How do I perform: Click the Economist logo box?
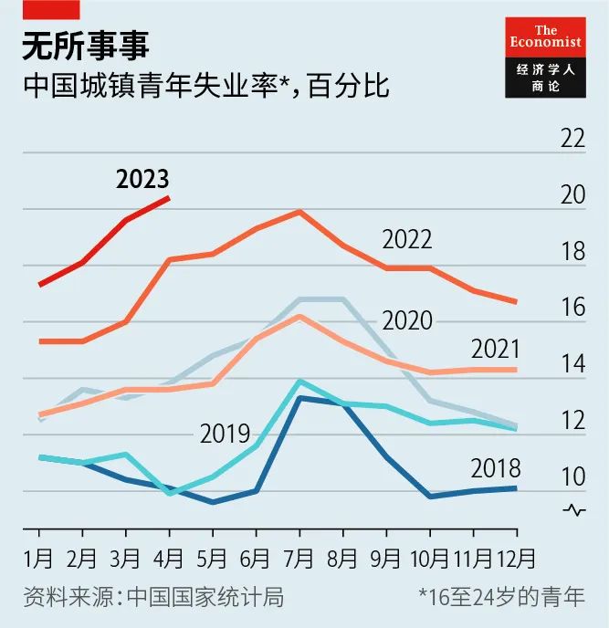pyautogui.click(x=545, y=58)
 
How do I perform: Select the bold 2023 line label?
pyautogui.click(x=142, y=180)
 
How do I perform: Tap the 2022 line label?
pyautogui.click(x=407, y=239)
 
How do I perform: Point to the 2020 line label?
pyautogui.click(x=407, y=320)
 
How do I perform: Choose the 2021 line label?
pyautogui.click(x=495, y=349)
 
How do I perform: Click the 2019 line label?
pyautogui.click(x=225, y=434)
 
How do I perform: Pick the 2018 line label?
pyautogui.click(x=495, y=469)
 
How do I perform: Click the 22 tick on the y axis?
pyautogui.click(x=572, y=140)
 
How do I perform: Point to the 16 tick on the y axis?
pyautogui.click(x=572, y=309)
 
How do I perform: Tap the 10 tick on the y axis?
pyautogui.click(x=572, y=477)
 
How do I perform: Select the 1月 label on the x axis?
pyautogui.click(x=38, y=557)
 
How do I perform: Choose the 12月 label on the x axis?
pyautogui.click(x=517, y=557)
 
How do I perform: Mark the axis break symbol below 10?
pyautogui.click(x=574, y=510)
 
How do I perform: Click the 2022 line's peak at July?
pyautogui.click(x=299, y=211)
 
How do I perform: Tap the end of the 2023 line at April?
pyautogui.click(x=169, y=197)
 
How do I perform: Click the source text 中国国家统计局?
pyautogui.click(x=205, y=598)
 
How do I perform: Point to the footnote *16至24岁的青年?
pyautogui.click(x=501, y=598)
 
